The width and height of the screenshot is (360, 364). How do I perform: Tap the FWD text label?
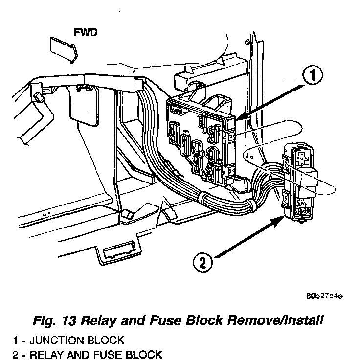(86, 33)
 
